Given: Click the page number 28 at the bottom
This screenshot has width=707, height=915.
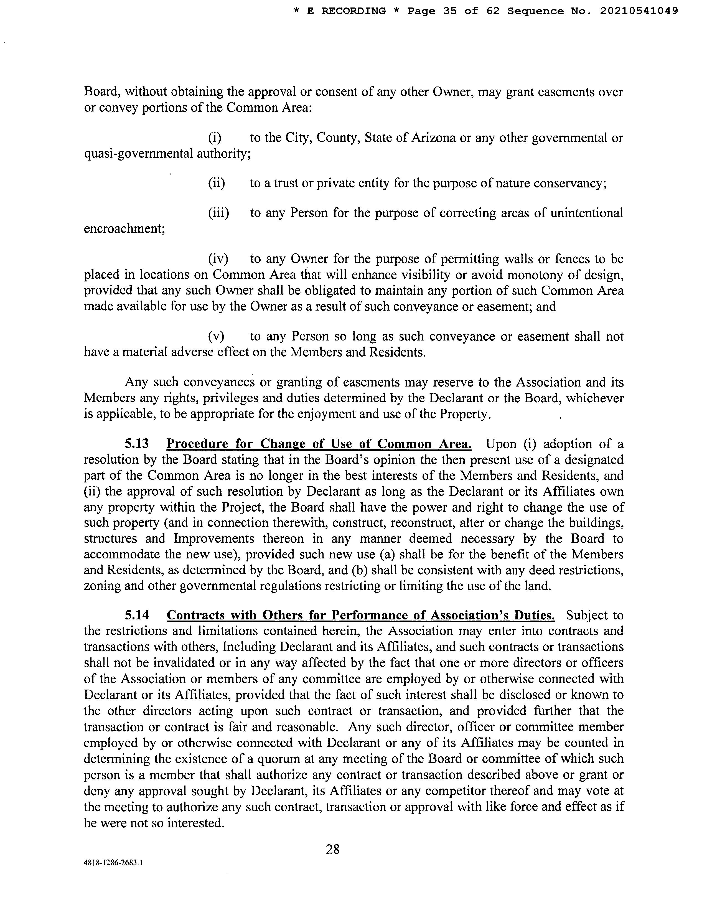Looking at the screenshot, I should pyautogui.click(x=332, y=849).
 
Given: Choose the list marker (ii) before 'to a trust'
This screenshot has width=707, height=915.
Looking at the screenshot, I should pyautogui.click(x=217, y=183).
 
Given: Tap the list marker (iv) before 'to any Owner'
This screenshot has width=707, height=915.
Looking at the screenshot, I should pyautogui.click(x=218, y=259).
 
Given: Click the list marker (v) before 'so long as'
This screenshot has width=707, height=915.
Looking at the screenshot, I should pyautogui.click(x=216, y=336).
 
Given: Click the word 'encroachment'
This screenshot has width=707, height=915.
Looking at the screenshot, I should pyautogui.click(x=124, y=229).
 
